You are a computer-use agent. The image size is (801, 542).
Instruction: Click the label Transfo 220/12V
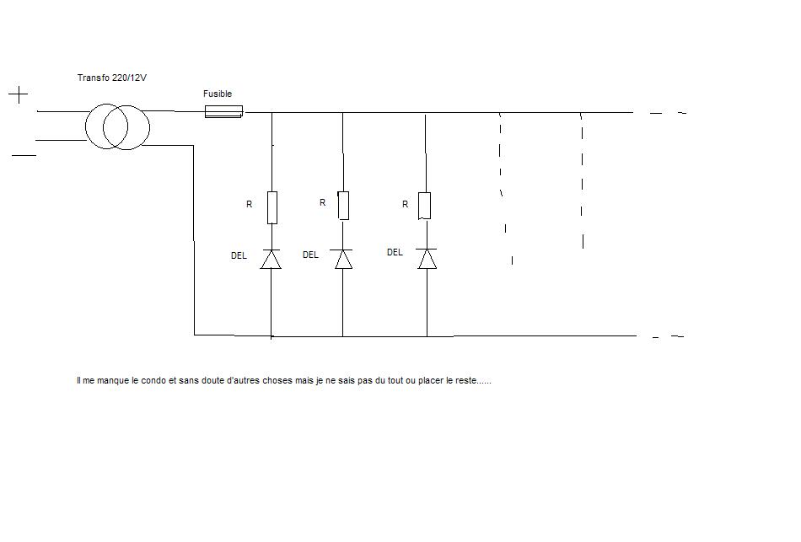[112, 78]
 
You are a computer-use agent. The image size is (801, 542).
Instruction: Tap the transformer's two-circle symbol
[117, 127]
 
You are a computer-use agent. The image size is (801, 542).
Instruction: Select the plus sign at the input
[19, 94]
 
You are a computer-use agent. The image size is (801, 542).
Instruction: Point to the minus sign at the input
[24, 155]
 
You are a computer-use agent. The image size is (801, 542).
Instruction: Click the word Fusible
[218, 94]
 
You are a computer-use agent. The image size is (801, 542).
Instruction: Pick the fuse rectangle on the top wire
[224, 111]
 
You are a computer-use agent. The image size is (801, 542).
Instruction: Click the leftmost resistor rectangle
[271, 207]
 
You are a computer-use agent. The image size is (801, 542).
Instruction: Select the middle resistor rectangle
[343, 206]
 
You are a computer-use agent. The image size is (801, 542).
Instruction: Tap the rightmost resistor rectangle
[424, 206]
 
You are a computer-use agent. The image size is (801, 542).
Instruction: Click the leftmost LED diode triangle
[271, 260]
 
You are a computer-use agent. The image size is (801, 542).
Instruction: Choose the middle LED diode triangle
[343, 259]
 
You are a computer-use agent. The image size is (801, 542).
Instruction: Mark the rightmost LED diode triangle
[427, 258]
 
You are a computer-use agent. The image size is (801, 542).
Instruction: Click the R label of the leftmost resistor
[250, 205]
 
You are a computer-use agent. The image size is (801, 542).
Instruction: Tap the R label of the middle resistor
[322, 203]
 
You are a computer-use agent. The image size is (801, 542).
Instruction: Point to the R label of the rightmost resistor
[406, 205]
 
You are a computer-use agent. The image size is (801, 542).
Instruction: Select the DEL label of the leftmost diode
[239, 255]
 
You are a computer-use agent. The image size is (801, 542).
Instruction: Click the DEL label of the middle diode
[310, 255]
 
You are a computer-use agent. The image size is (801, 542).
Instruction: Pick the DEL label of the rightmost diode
[395, 252]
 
